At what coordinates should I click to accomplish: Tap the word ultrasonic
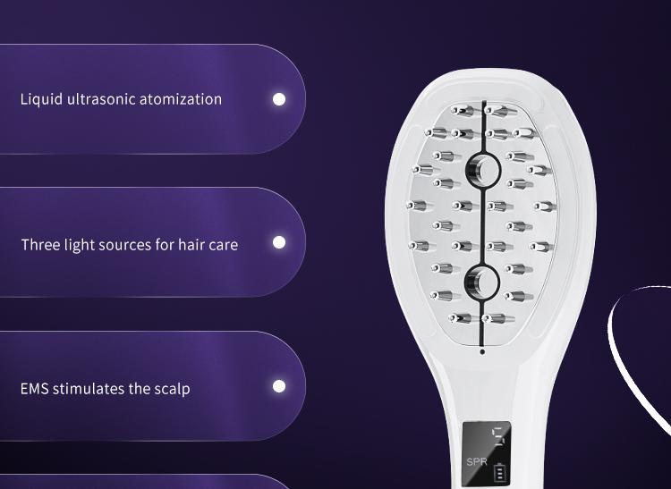101,99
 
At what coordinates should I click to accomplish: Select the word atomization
181,99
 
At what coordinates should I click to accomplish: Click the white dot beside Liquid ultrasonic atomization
279,99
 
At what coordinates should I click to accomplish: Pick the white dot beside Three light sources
279,242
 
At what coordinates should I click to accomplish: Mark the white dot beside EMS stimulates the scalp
279,386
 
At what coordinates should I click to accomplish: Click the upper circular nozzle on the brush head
483,171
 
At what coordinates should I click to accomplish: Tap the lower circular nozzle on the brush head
482,282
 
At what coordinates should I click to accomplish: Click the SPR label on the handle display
477,462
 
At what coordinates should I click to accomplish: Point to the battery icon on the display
499,472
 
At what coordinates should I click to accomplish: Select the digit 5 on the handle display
500,436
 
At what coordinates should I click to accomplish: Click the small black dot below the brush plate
482,352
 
